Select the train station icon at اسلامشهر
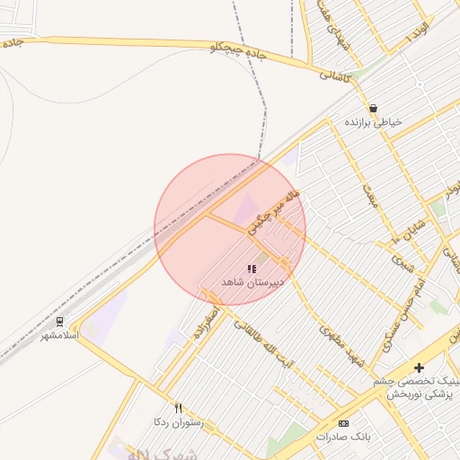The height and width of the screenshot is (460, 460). click(60, 321)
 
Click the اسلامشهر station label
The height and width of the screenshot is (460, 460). click(60, 335)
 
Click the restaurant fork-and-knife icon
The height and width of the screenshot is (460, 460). click(178, 407)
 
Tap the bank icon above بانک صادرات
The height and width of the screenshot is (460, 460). click(342, 422)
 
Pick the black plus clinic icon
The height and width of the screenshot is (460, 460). click(419, 367)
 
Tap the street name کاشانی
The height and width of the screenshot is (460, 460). click(340, 76)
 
